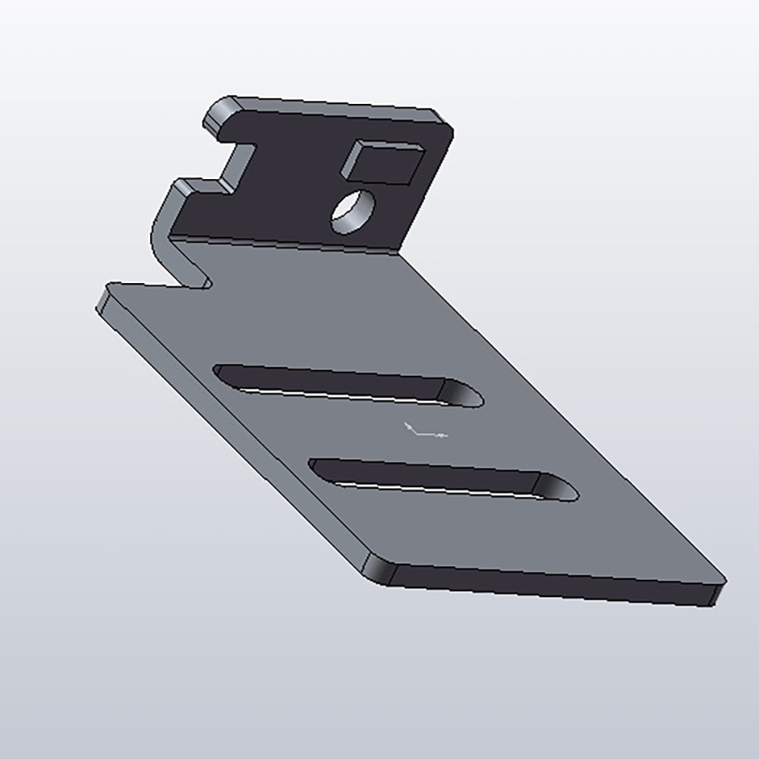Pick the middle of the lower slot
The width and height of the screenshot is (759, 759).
pos(440,478)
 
